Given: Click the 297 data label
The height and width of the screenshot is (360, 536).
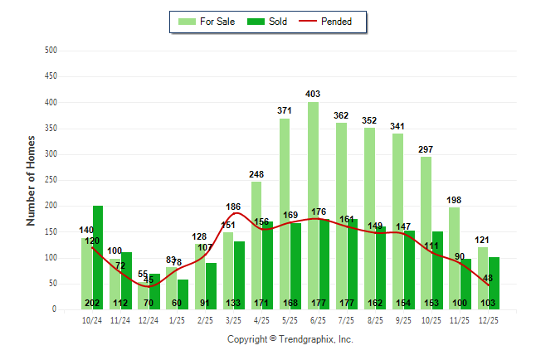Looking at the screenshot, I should pyautogui.click(x=426, y=149).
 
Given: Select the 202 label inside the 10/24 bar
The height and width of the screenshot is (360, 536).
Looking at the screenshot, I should pyautogui.click(x=92, y=303).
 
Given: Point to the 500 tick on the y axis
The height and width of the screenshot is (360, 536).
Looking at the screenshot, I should pyautogui.click(x=50, y=51).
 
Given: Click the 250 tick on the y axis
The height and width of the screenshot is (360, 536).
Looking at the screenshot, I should pyautogui.click(x=50, y=180).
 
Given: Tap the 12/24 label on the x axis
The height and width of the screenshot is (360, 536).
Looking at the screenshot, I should pyautogui.click(x=149, y=319).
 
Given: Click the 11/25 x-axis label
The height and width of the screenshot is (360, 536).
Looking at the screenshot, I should pyautogui.click(x=459, y=319).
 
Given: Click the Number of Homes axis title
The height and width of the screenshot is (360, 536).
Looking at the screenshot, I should pyautogui.click(x=31, y=180).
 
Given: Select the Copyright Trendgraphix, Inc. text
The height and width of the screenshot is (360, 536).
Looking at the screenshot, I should pyautogui.click(x=290, y=339).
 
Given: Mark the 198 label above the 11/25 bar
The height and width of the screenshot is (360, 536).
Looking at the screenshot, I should pyautogui.click(x=454, y=200).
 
